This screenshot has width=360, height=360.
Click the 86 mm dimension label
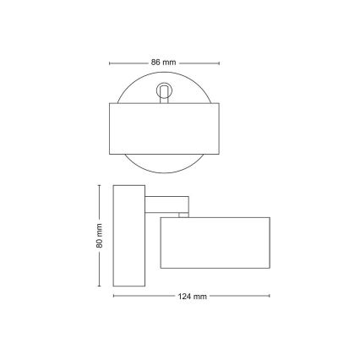pyautogui.click(x=162, y=63)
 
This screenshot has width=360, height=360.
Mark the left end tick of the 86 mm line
pyautogui.click(x=112, y=63)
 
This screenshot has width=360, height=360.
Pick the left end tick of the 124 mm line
pyautogui.click(x=113, y=297)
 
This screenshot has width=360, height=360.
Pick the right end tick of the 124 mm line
pyautogui.click(x=270, y=297)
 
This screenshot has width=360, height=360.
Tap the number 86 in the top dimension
pyautogui.click(x=155, y=63)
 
